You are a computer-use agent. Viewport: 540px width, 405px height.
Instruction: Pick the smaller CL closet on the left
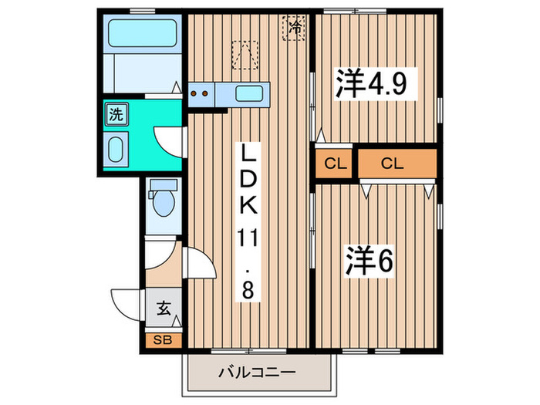[x=333, y=164]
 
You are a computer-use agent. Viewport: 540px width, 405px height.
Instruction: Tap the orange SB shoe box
[x=163, y=339]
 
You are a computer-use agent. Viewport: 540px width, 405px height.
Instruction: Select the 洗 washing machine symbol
[x=115, y=116]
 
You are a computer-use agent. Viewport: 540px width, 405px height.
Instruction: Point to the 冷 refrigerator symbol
[x=295, y=29]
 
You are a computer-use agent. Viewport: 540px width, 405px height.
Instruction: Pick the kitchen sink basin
[x=248, y=94]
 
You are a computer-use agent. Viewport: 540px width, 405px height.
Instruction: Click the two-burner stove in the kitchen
[x=200, y=94]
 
